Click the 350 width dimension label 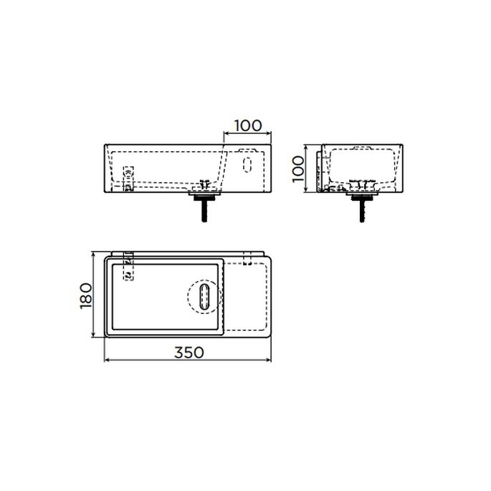point(189,352)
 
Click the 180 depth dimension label point(86,296)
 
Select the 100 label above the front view point(248,125)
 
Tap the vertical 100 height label point(298,169)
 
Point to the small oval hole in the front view point(247,165)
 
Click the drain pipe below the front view point(204,211)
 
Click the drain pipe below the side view point(362,211)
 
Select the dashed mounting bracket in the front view point(129,178)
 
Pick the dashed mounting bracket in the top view point(129,266)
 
